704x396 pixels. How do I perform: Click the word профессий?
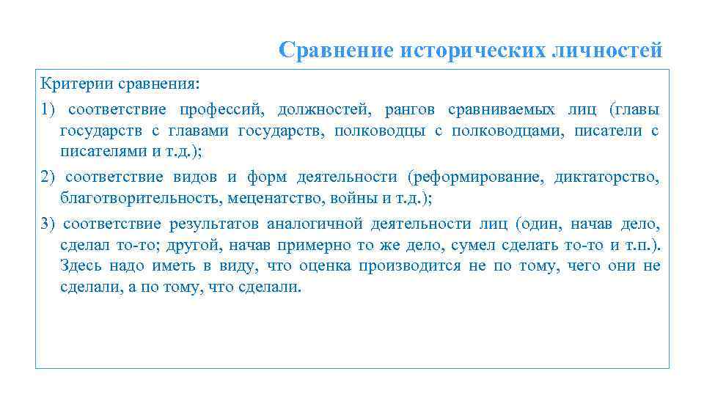point(218,110)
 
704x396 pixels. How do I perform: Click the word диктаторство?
point(607,177)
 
